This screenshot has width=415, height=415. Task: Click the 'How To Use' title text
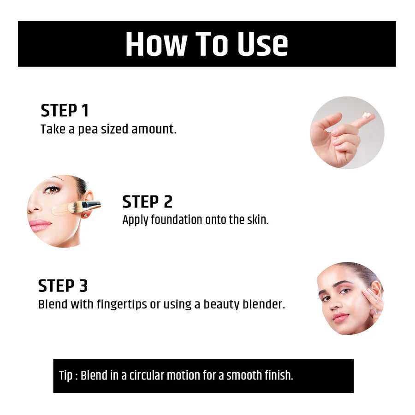coord(207,44)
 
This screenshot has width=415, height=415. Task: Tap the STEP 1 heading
coord(65,111)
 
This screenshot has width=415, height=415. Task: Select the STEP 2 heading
coord(147,202)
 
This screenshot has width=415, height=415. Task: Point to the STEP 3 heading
coord(63,286)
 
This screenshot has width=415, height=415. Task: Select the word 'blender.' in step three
coord(265,305)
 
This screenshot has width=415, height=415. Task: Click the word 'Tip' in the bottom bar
coord(65,376)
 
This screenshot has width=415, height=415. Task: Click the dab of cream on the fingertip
coord(367,114)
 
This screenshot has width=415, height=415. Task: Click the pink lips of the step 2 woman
coord(40,225)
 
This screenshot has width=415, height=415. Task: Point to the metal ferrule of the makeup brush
coord(91,206)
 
